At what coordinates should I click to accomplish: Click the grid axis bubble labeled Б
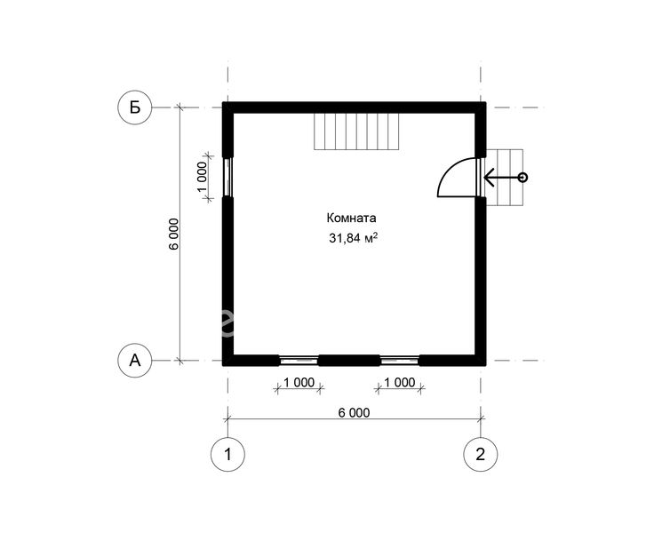point(135,107)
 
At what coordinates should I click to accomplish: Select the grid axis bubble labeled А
point(135,361)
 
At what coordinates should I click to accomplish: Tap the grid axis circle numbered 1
point(227,454)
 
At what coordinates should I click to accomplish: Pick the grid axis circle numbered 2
point(481,454)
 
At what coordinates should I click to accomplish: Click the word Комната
point(351,219)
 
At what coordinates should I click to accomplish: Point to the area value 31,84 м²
point(353,237)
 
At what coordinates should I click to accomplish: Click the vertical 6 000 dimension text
point(174,235)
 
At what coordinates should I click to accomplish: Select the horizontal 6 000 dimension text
point(354,412)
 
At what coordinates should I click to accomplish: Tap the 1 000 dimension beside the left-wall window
point(202,177)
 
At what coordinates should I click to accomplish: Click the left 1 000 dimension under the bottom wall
point(299,382)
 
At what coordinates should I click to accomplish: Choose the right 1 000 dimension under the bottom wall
point(399,382)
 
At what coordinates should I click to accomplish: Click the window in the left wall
point(227,177)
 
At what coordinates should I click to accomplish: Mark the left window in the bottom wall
point(299,361)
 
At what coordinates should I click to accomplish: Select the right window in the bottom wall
point(400,361)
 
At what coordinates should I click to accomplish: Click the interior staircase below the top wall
point(356,131)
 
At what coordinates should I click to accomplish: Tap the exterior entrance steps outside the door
point(505,178)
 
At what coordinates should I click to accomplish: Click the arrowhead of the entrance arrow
point(489,178)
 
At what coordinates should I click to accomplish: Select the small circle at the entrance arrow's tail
point(522,178)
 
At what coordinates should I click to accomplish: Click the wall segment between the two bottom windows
point(349,361)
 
